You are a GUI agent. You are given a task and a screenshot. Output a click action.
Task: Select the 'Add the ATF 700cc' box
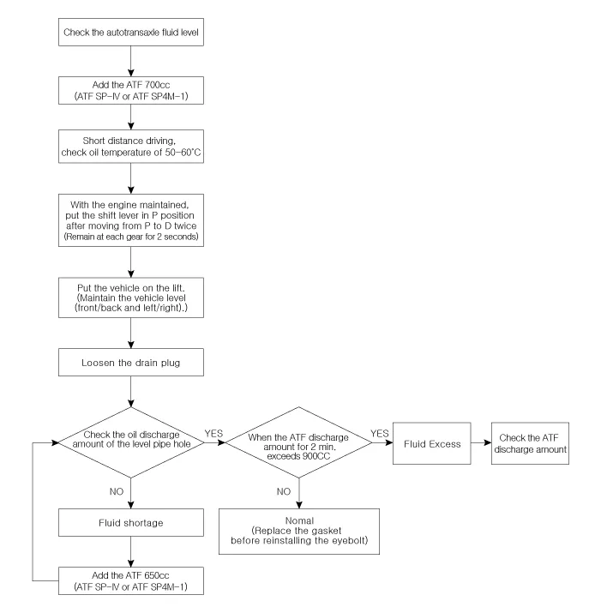[131, 89]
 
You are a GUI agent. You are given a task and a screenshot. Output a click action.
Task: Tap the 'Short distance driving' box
[131, 147]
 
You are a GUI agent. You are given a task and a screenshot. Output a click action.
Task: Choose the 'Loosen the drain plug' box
[131, 362]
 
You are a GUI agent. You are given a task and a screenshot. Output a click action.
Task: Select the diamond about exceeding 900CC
[299, 443]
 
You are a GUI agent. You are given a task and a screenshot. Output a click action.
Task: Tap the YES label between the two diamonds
[214, 434]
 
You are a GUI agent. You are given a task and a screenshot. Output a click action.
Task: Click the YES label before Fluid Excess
[381, 434]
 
